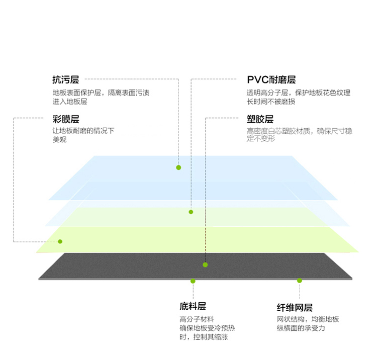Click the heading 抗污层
(66, 79)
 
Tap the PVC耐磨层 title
(271, 79)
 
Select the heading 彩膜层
(66, 119)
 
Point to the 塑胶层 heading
(260, 119)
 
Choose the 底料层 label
(193, 306)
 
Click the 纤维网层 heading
(295, 307)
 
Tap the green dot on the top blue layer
(178, 167)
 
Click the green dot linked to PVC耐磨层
(191, 212)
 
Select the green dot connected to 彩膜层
(60, 241)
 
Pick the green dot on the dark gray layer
(205, 265)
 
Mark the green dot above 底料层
(193, 281)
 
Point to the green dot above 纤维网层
(300, 281)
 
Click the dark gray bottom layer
(195, 266)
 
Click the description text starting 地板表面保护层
(101, 97)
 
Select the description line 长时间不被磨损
(271, 102)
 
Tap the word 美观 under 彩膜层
(60, 139)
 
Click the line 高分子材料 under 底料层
(197, 319)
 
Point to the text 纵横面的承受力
(301, 328)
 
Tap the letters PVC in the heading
(257, 80)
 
